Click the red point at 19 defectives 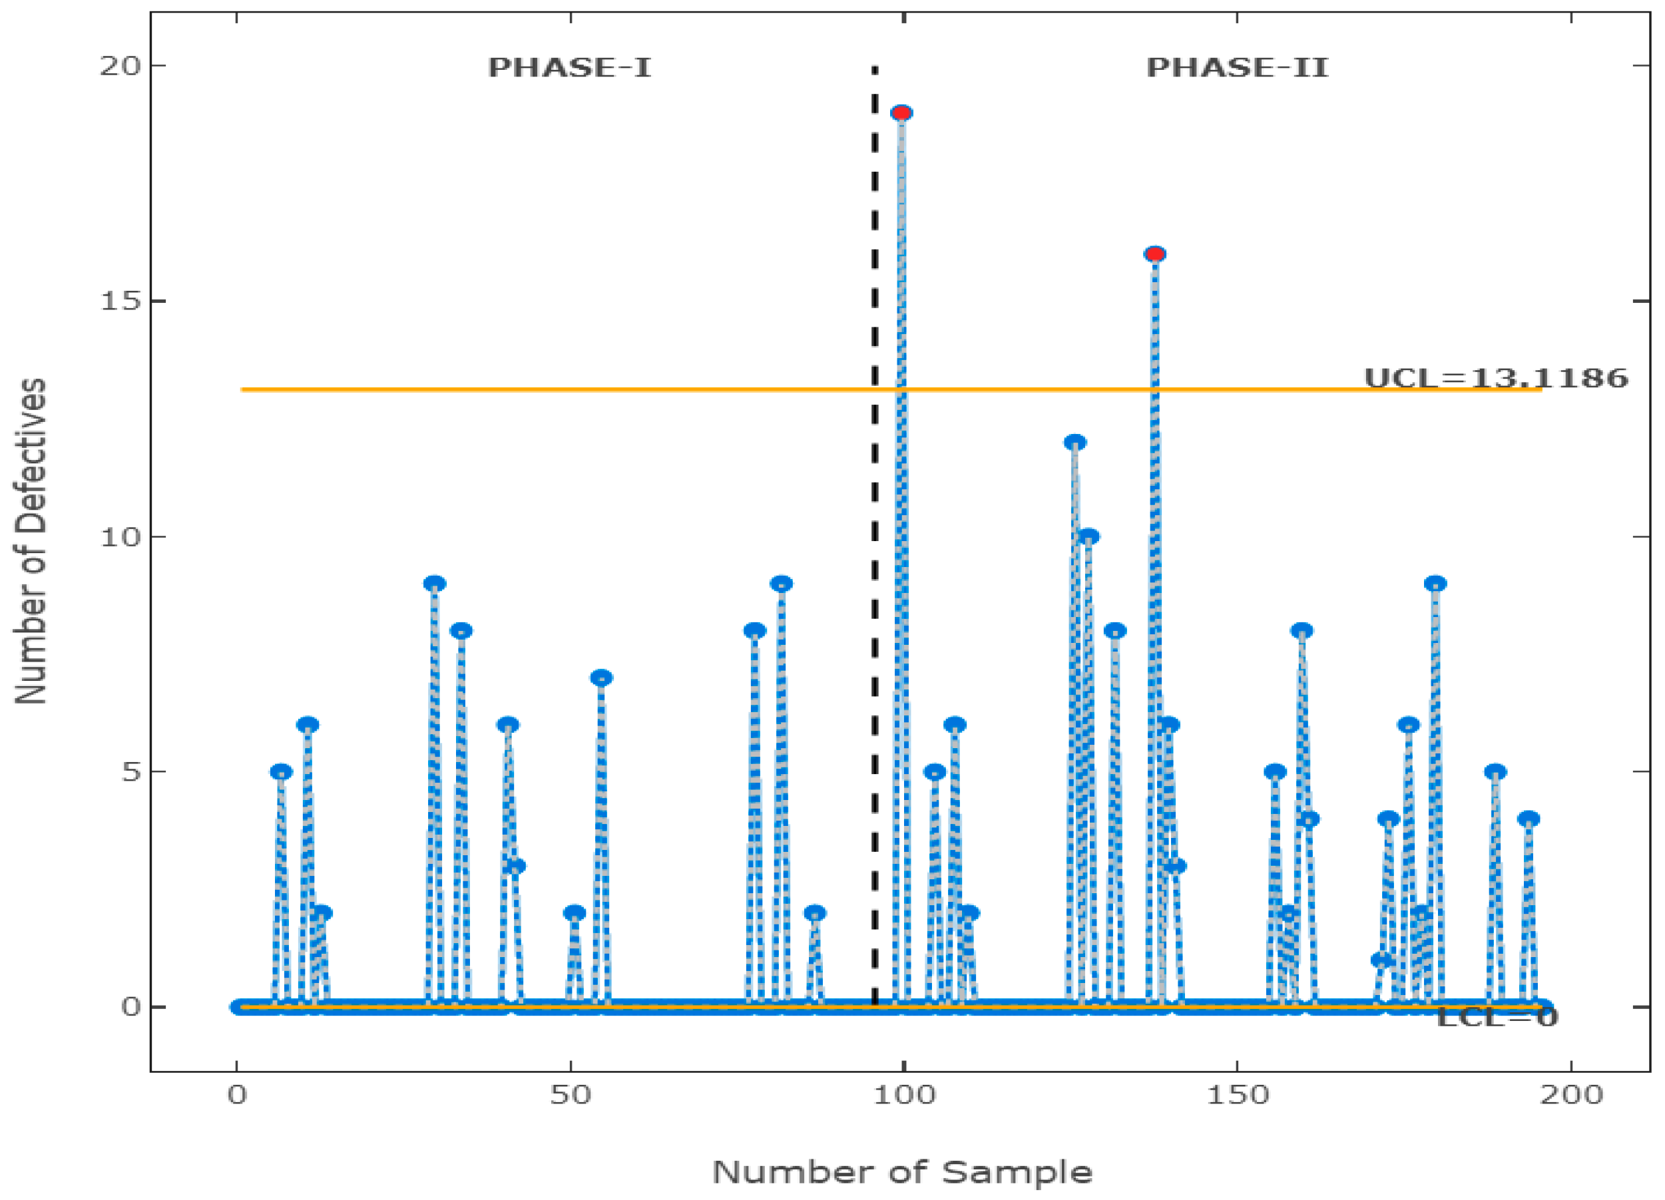(901, 113)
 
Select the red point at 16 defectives (1155, 255)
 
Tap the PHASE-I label (570, 67)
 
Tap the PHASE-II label (1237, 67)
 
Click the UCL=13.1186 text (1495, 378)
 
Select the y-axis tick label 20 (120, 66)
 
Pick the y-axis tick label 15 (120, 301)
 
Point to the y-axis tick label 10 (120, 537)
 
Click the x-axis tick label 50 (571, 1095)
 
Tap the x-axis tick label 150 (1237, 1095)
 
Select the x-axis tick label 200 (1571, 1095)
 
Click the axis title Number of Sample (902, 1172)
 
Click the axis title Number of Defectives (31, 542)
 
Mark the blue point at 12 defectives (1074, 443)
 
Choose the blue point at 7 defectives (601, 678)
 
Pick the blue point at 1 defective (1381, 960)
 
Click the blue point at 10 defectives (1088, 537)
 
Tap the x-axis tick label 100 (903, 1095)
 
